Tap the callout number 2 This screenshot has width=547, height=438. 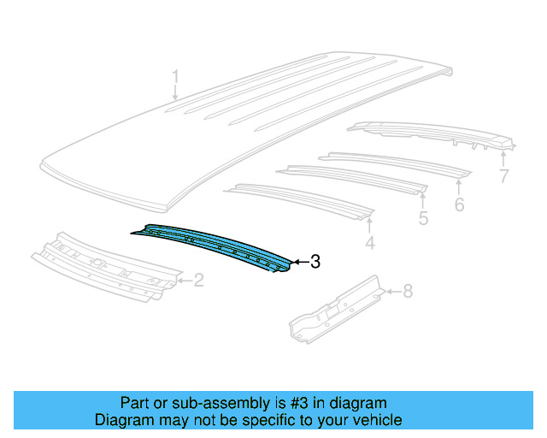click(x=198, y=280)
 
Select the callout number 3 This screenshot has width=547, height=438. click(x=315, y=263)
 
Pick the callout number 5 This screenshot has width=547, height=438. click(x=423, y=219)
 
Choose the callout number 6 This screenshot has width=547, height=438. click(x=459, y=205)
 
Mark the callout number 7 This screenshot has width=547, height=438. click(x=503, y=177)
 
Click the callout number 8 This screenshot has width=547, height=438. click(x=407, y=292)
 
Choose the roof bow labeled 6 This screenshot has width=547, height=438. click(x=393, y=163)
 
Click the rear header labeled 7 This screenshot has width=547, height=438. click(x=427, y=133)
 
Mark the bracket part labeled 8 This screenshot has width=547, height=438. click(x=338, y=308)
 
